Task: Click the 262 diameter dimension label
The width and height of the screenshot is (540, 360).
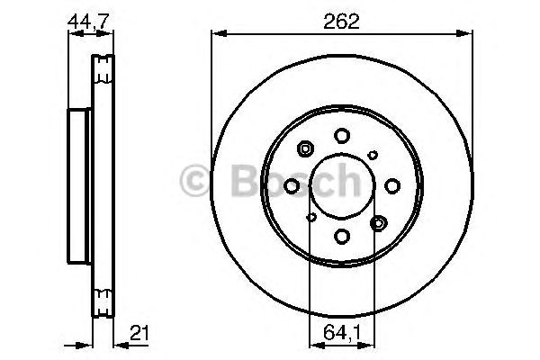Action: tap(341, 22)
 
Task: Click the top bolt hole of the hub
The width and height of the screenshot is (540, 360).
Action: tap(342, 135)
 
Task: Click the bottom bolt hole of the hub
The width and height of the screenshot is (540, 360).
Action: tap(342, 236)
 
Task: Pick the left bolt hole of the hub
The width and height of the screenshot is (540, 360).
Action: tap(292, 185)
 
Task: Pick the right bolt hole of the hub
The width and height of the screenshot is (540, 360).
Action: tap(392, 185)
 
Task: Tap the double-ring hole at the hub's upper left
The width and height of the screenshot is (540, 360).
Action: tap(305, 149)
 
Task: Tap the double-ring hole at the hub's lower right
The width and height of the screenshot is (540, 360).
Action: tap(378, 221)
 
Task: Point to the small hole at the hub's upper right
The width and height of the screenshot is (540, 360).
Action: tap(373, 155)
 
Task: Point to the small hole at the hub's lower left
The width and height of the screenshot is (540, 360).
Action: tap(311, 216)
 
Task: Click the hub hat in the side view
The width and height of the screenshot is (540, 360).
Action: tap(79, 185)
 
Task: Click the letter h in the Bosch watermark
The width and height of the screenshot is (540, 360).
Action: tap(344, 181)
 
